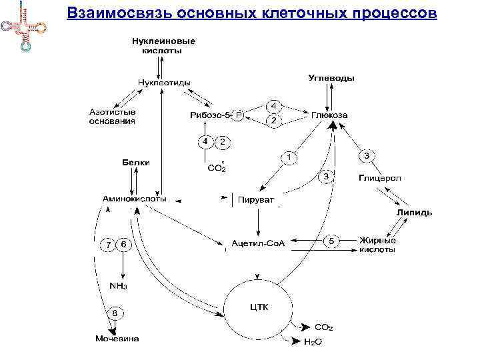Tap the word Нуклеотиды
164,83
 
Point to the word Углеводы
331,78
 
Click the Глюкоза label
329,115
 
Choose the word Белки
136,162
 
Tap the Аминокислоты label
135,199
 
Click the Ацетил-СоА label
258,243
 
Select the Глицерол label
377,179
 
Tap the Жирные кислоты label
377,245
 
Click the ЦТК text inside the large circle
258,307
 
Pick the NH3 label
117,285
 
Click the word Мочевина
117,339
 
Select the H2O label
313,341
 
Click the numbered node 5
333,240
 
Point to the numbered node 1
289,157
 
